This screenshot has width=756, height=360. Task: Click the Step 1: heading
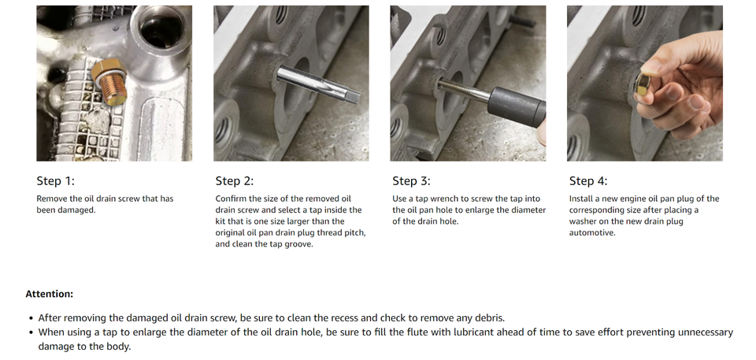56,181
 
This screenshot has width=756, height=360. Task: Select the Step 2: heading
235,181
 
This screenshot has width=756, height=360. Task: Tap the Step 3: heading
411,181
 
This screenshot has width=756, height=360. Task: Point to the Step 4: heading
588,181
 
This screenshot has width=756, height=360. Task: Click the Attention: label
50,294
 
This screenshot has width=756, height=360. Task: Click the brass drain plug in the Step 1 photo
110,82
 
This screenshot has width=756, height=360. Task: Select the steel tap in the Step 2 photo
319,84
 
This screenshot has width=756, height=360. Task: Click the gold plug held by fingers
643,87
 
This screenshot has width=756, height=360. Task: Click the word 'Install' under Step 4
580,199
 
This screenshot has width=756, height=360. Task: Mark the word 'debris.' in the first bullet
490,318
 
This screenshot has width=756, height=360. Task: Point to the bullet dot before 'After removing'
31,318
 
